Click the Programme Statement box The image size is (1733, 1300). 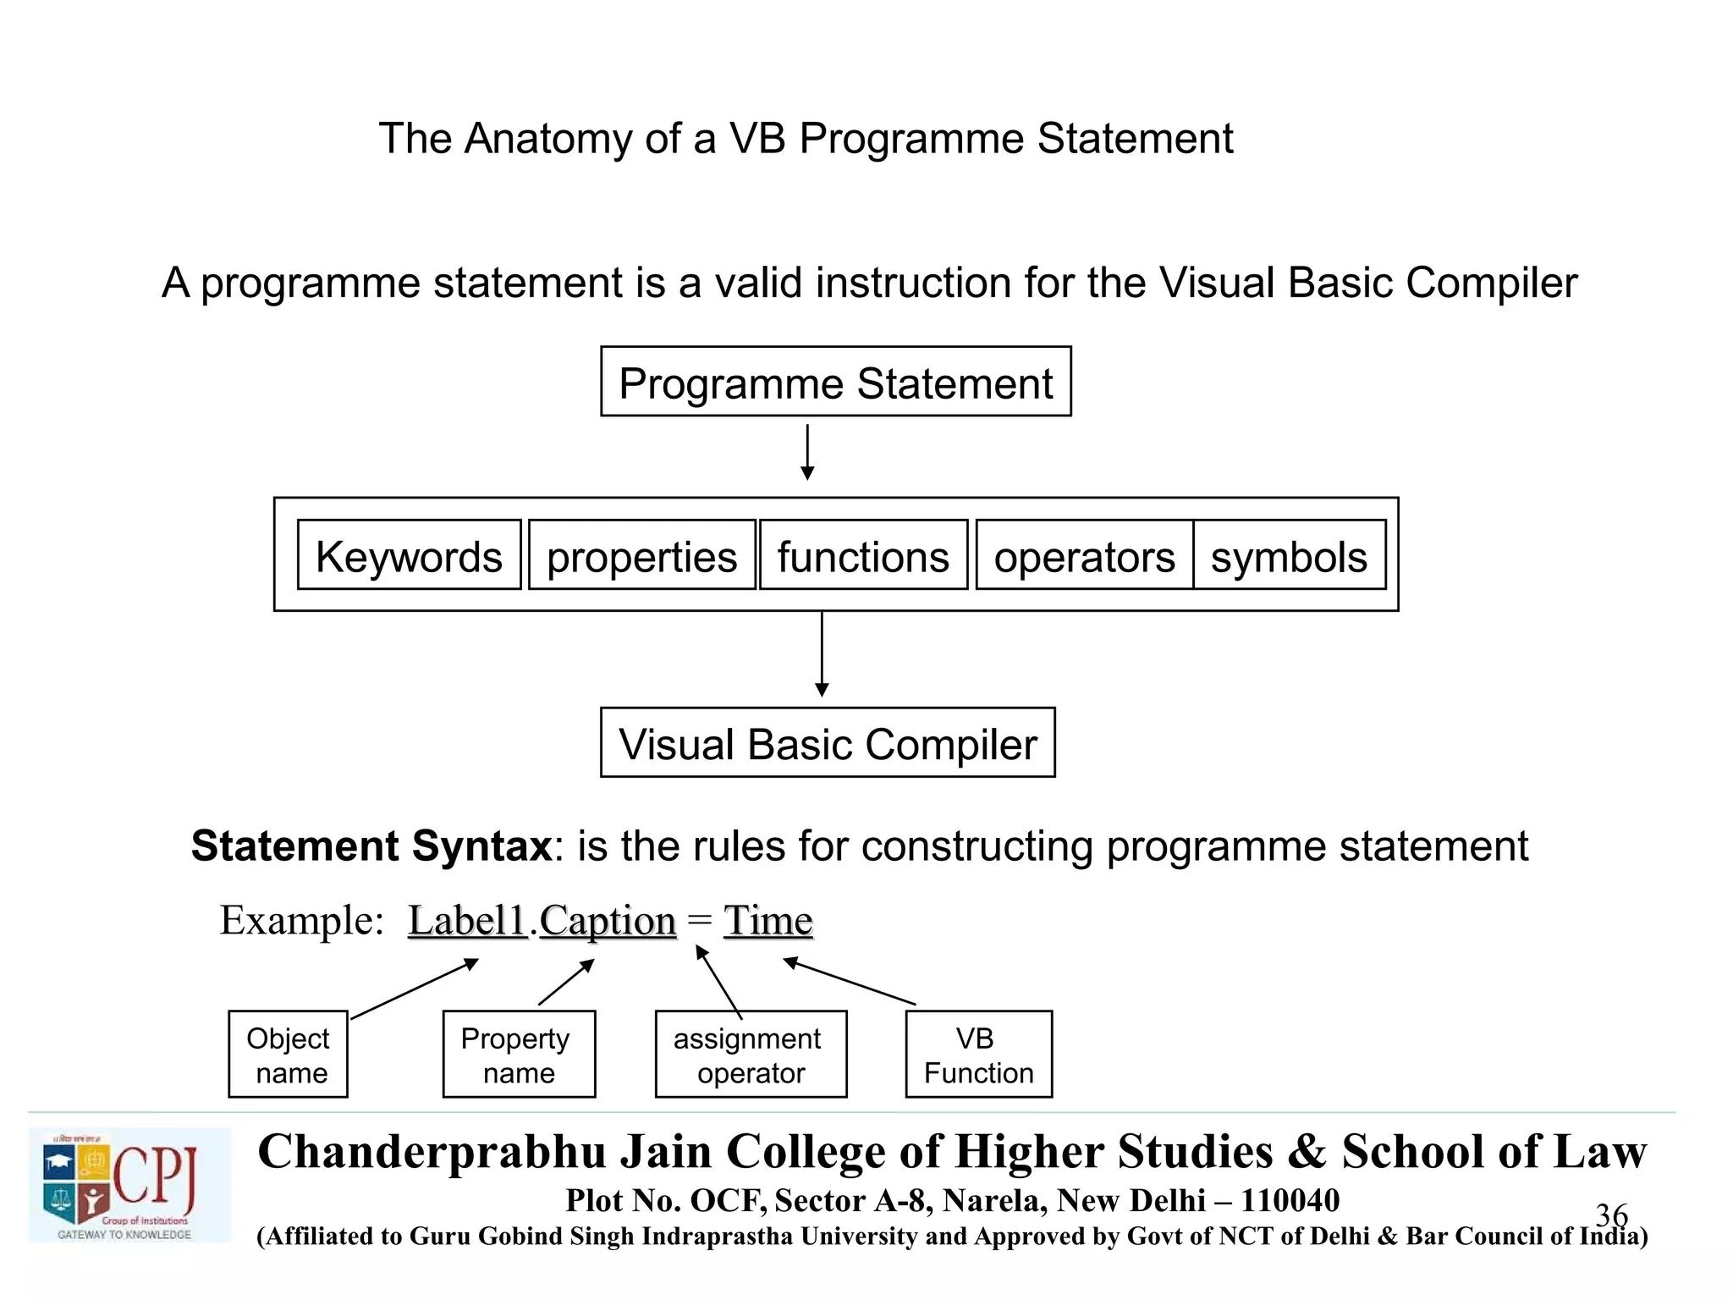click(x=835, y=382)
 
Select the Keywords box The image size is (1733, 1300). click(x=409, y=555)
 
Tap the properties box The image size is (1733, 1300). click(x=641, y=555)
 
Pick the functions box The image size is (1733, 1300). click(x=863, y=555)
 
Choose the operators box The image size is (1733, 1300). click(x=1084, y=555)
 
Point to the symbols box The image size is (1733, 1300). click(x=1289, y=555)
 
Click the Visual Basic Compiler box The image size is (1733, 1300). click(x=828, y=743)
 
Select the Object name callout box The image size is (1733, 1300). click(x=288, y=1055)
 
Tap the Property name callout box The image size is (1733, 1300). click(x=519, y=1055)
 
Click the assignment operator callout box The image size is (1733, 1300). click(x=751, y=1055)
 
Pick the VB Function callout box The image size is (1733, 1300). click(x=978, y=1055)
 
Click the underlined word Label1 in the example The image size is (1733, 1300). click(x=467, y=921)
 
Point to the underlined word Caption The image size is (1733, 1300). click(x=608, y=921)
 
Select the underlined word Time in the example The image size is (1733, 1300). click(x=767, y=921)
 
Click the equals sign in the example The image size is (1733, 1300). click(x=699, y=919)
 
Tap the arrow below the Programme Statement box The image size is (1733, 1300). click(x=807, y=452)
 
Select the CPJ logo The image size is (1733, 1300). click(x=129, y=1185)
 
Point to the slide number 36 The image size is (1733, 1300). click(x=1611, y=1215)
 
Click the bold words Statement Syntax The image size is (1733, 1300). click(x=371, y=846)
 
